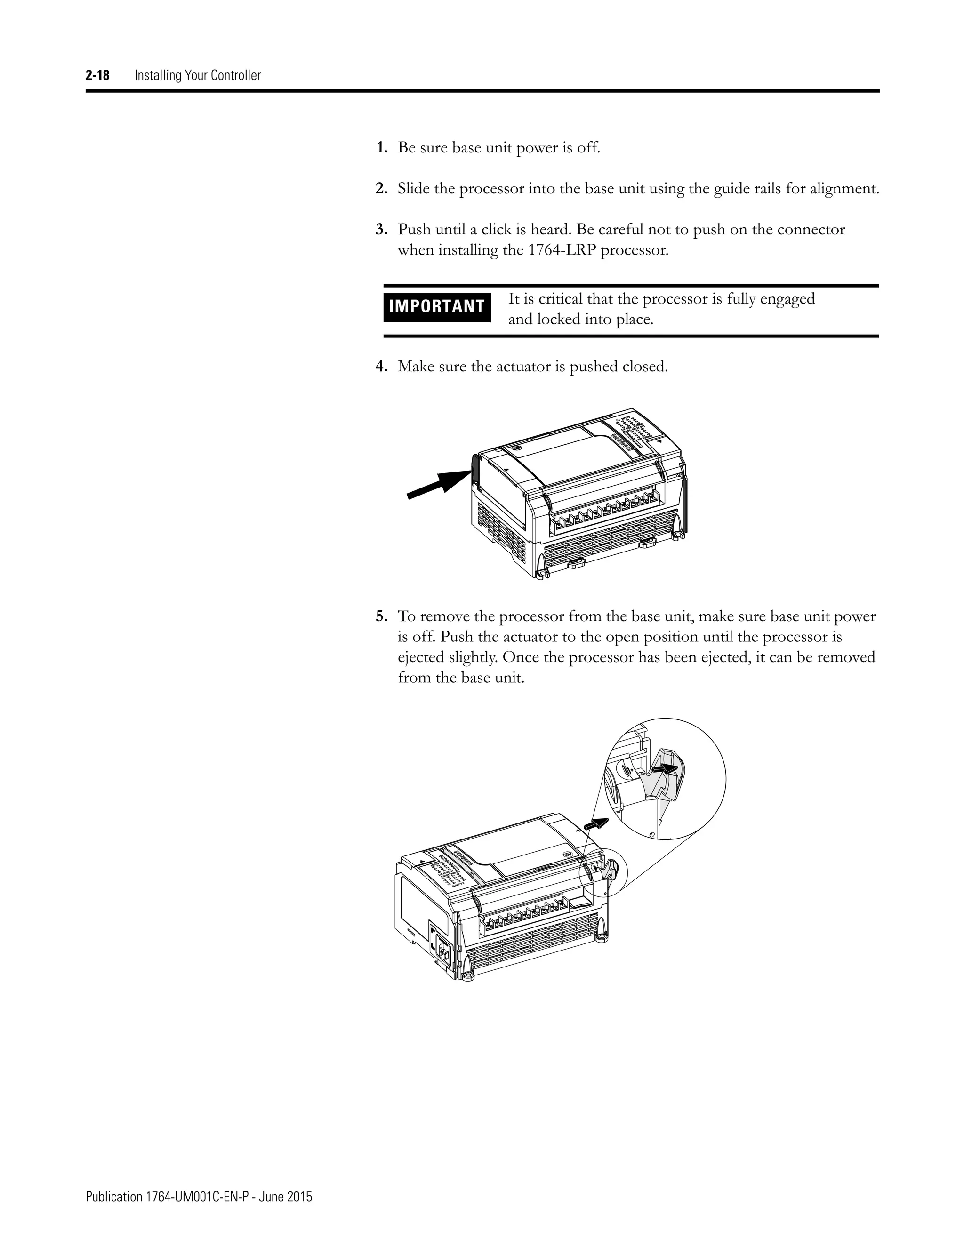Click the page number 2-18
(x=97, y=75)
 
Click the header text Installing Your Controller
(x=198, y=75)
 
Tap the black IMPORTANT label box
(x=437, y=307)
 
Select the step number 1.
(x=381, y=148)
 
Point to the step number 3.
(x=381, y=230)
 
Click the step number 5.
(x=381, y=616)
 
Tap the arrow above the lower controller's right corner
(x=598, y=824)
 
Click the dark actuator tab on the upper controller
(x=474, y=466)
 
